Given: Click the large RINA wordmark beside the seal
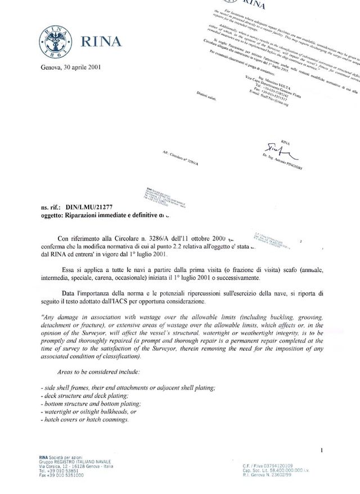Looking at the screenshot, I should (101, 42).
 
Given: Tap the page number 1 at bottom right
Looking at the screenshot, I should (321, 450).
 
